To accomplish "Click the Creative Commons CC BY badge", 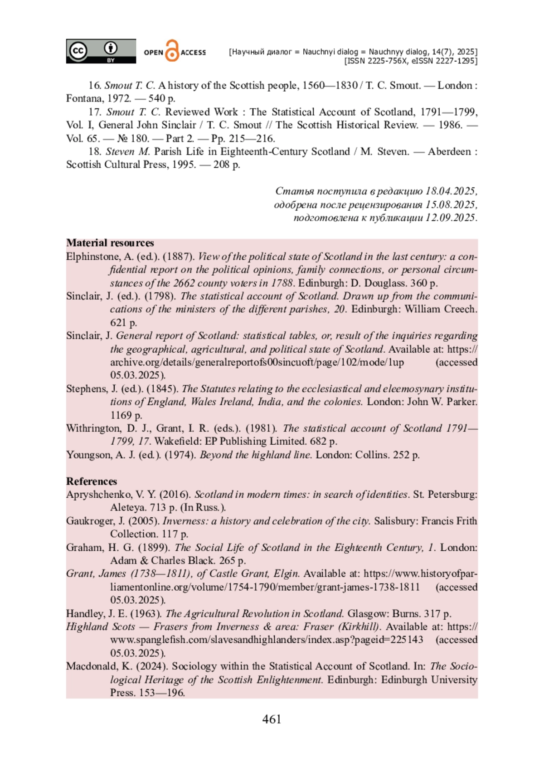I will click(101, 51).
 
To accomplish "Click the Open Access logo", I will click(175, 51).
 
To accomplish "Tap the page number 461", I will click(272, 719).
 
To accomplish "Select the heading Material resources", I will click(110, 243).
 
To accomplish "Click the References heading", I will click(92, 481).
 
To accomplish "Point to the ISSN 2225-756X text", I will click(376, 61).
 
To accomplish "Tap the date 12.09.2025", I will click(451, 218).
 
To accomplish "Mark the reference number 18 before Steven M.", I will click(95, 151).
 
